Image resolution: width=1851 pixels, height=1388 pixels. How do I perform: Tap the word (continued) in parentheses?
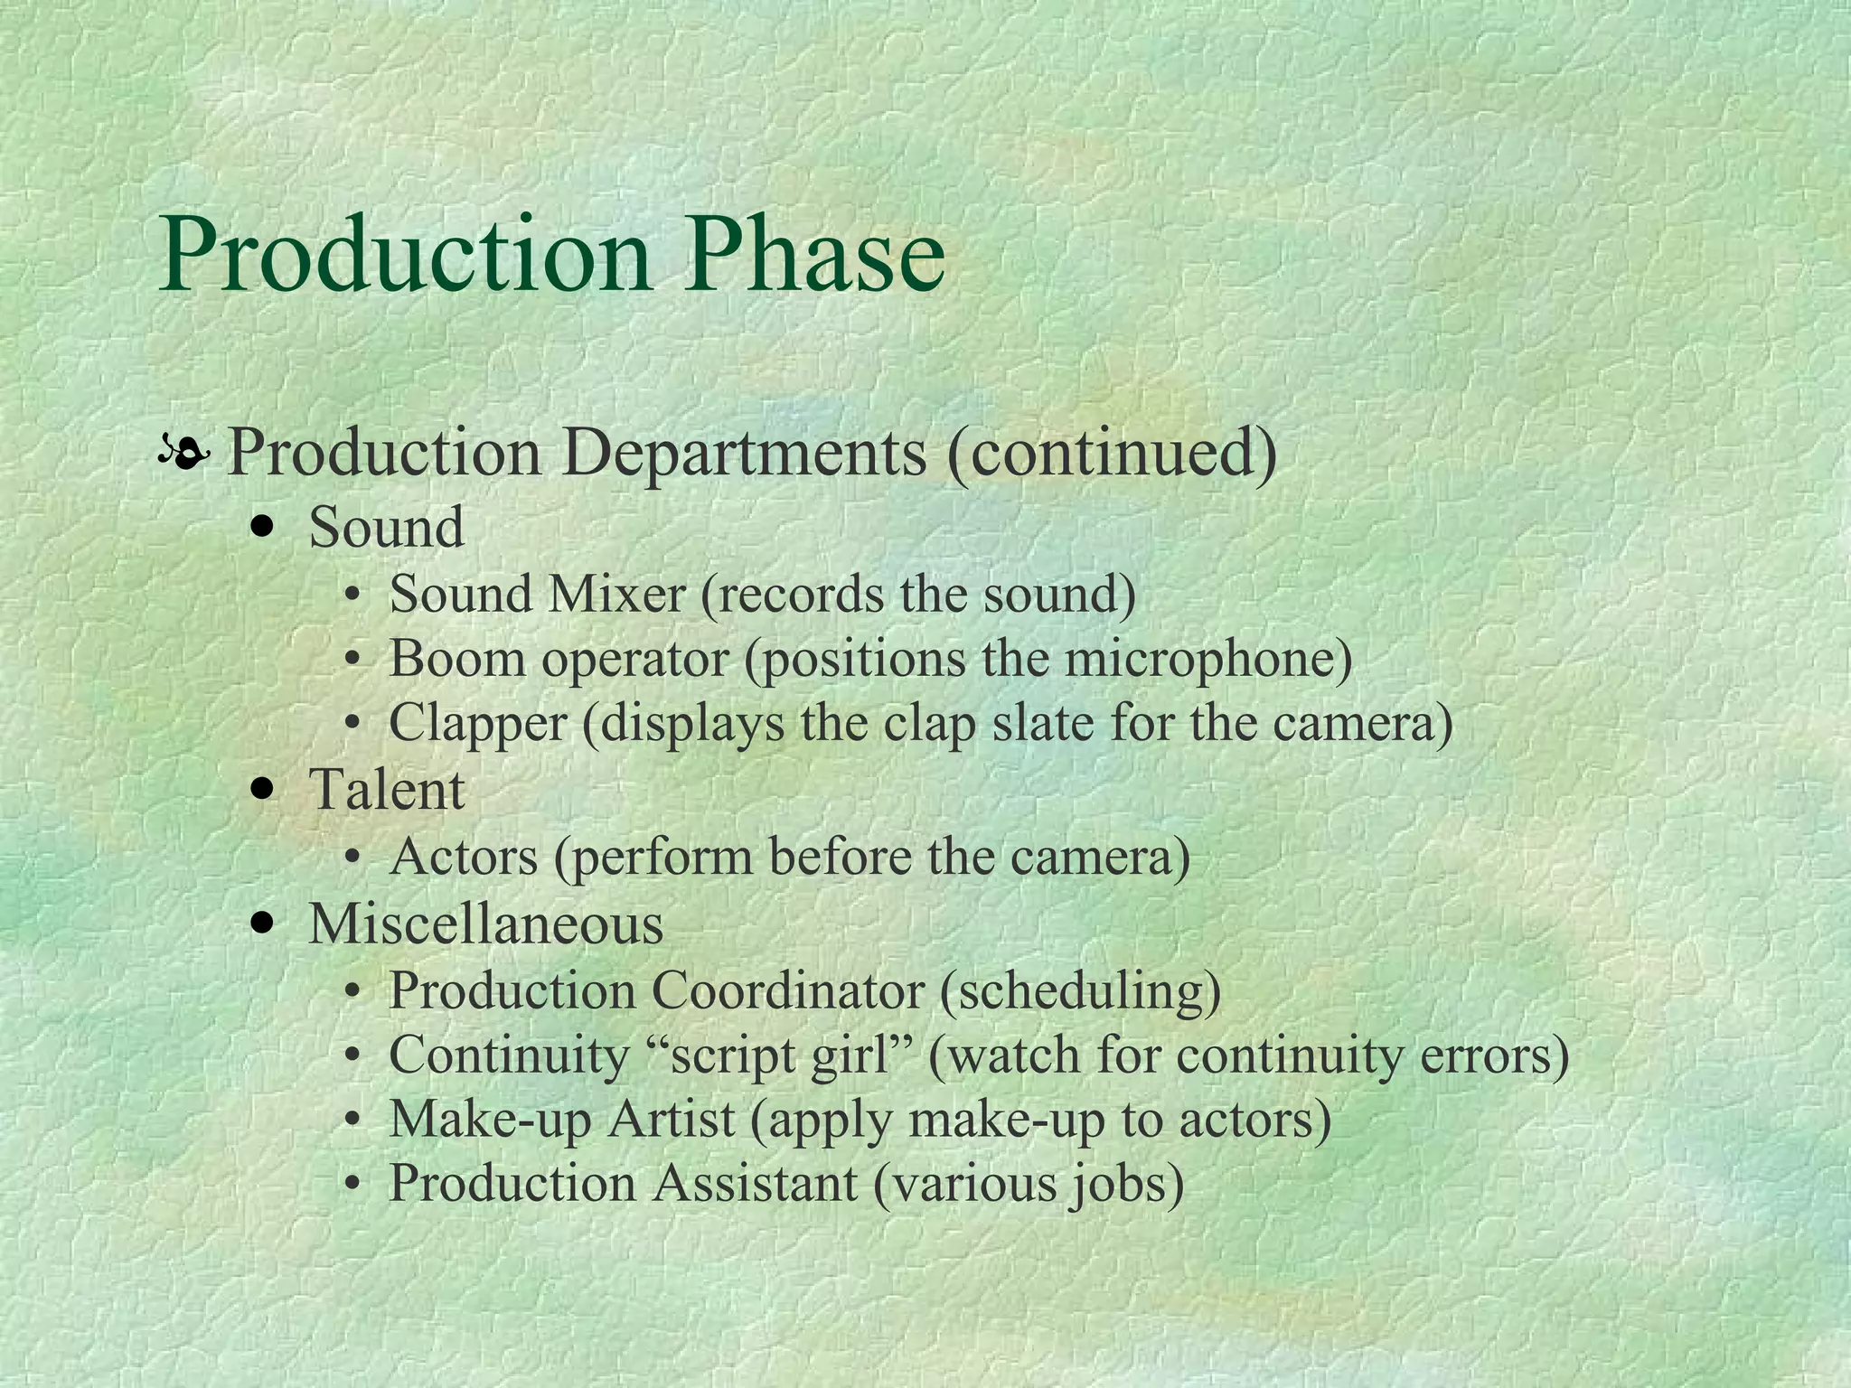click(1112, 453)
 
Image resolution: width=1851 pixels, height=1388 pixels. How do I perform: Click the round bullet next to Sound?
click(263, 528)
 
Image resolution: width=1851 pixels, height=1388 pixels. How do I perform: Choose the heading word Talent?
click(387, 789)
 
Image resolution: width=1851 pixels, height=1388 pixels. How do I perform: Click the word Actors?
click(464, 857)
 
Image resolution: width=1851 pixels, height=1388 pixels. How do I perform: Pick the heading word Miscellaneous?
click(486, 924)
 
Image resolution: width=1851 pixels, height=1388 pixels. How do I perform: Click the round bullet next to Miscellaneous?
click(263, 924)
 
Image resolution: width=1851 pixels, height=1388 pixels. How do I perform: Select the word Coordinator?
click(787, 990)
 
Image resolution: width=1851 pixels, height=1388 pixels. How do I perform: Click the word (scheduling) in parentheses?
click(1080, 991)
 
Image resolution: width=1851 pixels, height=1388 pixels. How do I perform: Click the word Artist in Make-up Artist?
click(671, 1120)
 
